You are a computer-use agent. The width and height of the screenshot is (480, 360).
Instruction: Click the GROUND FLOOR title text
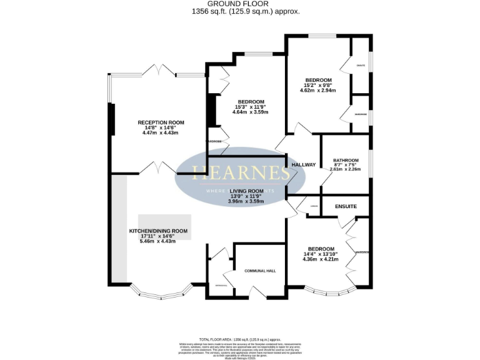pos(240,4)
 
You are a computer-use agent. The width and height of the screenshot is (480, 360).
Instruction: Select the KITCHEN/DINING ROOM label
pos(158,231)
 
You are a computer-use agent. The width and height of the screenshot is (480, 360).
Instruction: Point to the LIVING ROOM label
pos(247,191)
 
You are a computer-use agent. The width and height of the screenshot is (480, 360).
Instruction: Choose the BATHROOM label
pos(345,160)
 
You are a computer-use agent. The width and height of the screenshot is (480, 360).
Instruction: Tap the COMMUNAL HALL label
pos(256,271)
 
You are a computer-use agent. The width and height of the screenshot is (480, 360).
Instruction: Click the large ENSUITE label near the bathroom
pos(346,205)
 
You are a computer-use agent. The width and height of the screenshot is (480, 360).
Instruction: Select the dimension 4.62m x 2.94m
pos(318,91)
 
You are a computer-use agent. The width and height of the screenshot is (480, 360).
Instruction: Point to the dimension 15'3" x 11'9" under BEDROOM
pos(251,107)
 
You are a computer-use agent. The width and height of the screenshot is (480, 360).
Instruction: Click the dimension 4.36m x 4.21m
pos(320,259)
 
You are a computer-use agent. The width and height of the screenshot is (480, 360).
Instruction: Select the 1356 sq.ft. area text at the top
pos(240,11)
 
